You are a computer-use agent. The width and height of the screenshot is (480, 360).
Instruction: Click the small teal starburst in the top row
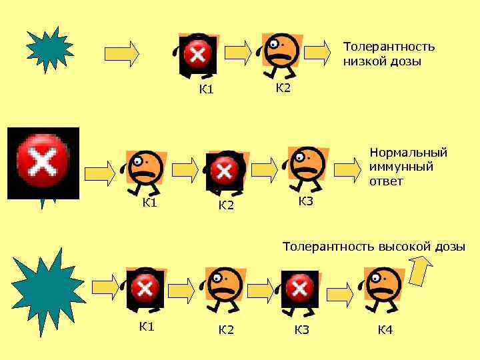pos(49,49)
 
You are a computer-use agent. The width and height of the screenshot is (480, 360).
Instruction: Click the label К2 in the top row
pos(283,88)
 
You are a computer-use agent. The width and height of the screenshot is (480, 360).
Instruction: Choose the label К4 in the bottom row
pos(385,329)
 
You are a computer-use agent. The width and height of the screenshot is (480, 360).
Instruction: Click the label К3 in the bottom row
pos(302,329)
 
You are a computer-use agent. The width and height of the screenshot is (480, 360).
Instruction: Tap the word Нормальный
pos(408,153)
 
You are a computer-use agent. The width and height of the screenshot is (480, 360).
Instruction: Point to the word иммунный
pos(401,167)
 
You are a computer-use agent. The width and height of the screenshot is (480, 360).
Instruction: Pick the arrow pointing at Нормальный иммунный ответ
pos(347,169)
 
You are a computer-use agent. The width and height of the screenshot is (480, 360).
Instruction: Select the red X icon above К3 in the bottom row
pos(299,289)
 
